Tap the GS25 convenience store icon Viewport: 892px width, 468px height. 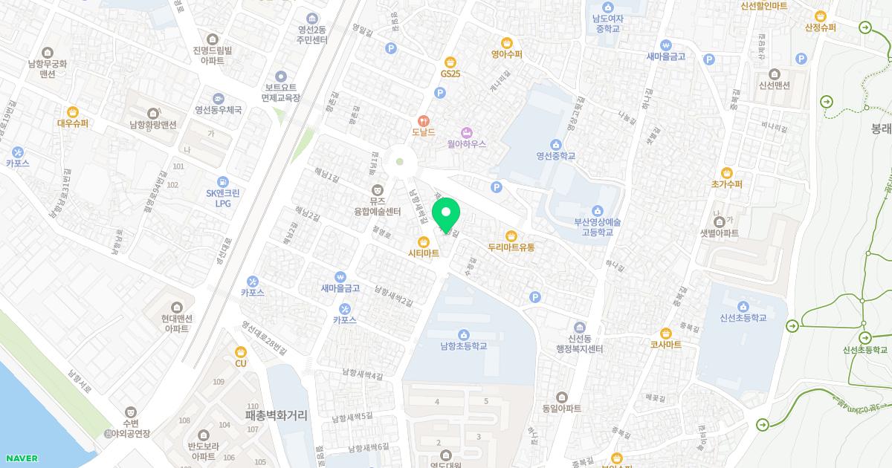[x=450, y=62]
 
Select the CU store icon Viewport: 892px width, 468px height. [x=240, y=351]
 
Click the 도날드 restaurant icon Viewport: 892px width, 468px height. [x=423, y=120]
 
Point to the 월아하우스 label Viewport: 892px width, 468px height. [x=466, y=144]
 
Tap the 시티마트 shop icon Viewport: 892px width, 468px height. [x=424, y=241]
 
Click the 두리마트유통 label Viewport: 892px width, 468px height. [x=511, y=247]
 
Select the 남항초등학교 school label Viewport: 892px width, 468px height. [x=463, y=346]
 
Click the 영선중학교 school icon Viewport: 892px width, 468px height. [x=556, y=144]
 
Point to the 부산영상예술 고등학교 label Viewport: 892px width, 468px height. [x=597, y=227]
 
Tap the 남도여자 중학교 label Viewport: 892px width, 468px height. [x=607, y=23]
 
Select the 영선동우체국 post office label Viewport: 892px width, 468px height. [x=218, y=110]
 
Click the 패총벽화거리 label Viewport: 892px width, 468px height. [x=276, y=416]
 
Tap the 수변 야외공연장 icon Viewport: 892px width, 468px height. [x=131, y=411]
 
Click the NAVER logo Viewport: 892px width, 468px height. [x=21, y=458]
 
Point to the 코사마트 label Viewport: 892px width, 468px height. [x=665, y=345]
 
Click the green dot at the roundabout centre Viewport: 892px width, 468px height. [x=400, y=161]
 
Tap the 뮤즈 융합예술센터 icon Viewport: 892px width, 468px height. [x=378, y=189]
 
